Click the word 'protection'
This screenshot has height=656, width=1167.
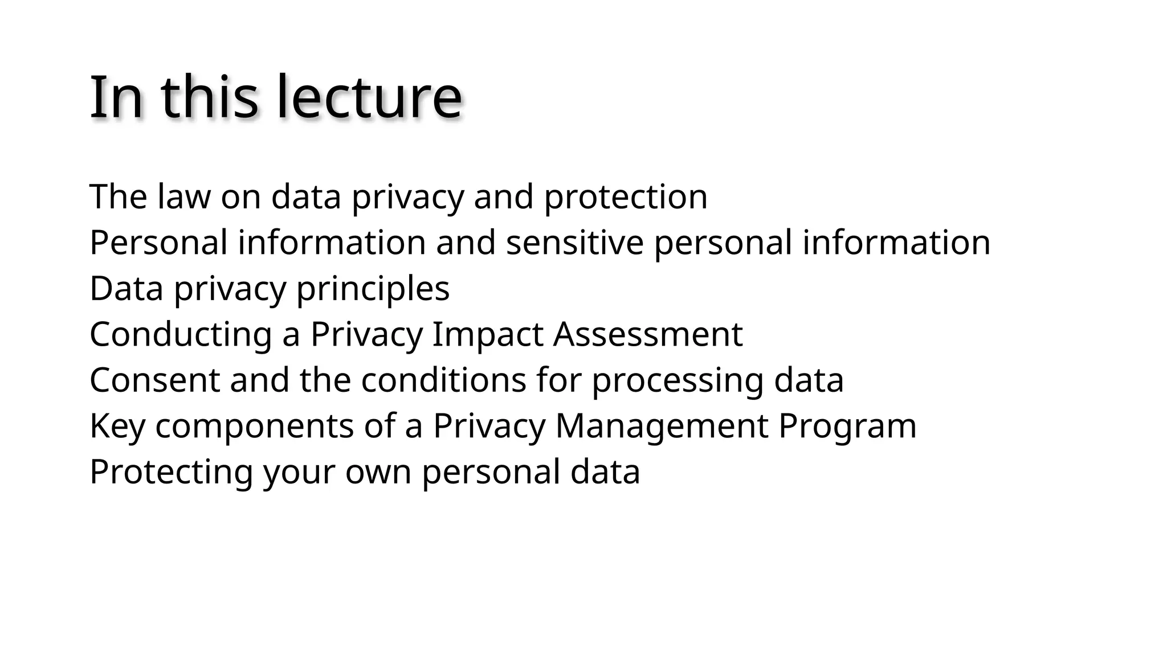(x=626, y=197)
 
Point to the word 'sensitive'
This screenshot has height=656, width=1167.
(x=574, y=243)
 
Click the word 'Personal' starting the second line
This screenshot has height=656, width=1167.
(x=158, y=243)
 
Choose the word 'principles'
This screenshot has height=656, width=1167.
(x=373, y=289)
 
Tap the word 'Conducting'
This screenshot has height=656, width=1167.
(x=181, y=334)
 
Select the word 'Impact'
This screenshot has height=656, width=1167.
(x=487, y=334)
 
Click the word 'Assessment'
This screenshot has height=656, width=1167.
(x=648, y=334)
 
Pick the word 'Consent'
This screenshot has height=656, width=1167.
(x=154, y=380)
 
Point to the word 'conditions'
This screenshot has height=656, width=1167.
(x=443, y=380)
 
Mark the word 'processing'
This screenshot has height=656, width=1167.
(x=678, y=380)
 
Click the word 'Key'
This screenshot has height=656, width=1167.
(x=117, y=426)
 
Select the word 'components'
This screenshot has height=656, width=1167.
(x=254, y=426)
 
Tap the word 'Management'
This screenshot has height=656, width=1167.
(x=662, y=426)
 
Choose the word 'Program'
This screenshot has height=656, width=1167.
(x=847, y=426)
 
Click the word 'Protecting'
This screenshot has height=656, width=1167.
(x=171, y=472)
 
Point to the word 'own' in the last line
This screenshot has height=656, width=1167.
(x=378, y=472)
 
